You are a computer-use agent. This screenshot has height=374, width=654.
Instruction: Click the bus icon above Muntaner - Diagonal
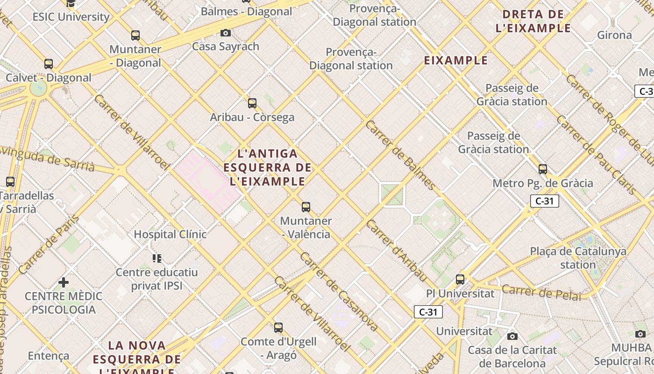135,35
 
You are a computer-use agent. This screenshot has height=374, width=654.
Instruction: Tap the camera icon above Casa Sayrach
226,33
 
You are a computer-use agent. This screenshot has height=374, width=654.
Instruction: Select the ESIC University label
71,17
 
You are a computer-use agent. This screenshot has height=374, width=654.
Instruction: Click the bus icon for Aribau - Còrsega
252,103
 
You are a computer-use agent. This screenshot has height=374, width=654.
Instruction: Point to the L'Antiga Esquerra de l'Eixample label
267,167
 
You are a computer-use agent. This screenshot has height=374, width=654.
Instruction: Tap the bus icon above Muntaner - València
306,207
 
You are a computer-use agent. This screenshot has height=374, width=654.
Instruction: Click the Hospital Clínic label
170,234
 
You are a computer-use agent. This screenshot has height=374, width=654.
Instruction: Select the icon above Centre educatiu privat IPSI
157,258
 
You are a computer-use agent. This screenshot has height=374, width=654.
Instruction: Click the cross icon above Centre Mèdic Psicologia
64,282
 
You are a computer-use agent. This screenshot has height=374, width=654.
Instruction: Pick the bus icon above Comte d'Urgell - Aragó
278,328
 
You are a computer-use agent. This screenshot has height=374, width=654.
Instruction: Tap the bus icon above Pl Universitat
460,280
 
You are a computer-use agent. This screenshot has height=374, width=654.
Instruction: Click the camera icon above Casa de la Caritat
512,336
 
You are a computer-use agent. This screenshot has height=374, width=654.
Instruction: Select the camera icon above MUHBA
640,334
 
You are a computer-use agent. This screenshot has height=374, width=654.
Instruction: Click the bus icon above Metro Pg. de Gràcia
543,169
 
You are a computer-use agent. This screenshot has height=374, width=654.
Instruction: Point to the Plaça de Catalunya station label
578,258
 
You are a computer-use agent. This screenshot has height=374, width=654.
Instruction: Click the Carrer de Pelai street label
541,292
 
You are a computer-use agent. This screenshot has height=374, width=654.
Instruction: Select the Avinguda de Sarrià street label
47,158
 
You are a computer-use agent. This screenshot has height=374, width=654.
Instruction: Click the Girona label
614,35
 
